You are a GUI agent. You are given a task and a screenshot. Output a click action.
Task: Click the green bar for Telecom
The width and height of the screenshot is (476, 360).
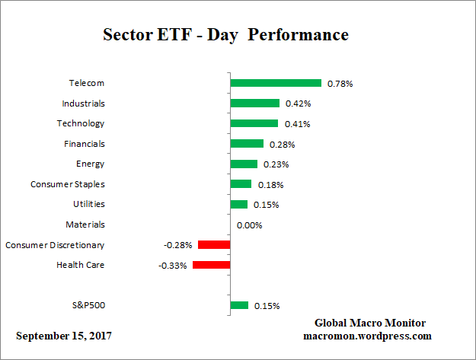(x=276, y=83)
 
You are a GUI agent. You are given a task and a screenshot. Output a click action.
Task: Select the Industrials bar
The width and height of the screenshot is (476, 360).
(x=255, y=104)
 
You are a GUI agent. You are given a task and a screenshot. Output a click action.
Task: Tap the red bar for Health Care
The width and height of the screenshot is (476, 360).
(x=211, y=265)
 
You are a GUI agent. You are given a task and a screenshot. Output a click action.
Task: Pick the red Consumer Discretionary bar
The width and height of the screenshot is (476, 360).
(x=214, y=245)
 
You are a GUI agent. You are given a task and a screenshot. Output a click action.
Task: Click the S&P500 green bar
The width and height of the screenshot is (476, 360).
(x=239, y=305)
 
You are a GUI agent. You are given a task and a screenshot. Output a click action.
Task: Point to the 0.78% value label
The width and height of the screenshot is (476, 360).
(x=339, y=84)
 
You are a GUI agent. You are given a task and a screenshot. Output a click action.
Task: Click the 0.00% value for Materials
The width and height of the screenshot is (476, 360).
(x=249, y=225)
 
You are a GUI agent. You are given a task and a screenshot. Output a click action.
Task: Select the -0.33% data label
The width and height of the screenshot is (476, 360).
(x=172, y=266)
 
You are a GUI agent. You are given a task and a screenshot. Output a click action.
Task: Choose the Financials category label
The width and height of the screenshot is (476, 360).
(x=84, y=144)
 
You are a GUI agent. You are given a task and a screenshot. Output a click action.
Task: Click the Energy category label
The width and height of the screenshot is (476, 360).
(x=90, y=164)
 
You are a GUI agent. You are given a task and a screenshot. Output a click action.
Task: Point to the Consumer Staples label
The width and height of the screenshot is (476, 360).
(x=67, y=184)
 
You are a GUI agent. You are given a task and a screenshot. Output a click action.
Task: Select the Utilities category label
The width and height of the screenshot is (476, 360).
(x=88, y=204)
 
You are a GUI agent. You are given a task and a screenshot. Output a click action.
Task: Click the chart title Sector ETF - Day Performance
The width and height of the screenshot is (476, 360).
(x=225, y=36)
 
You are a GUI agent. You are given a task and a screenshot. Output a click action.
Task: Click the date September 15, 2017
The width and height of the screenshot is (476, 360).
(x=65, y=336)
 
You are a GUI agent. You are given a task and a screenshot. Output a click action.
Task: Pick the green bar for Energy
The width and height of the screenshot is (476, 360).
(x=244, y=164)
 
